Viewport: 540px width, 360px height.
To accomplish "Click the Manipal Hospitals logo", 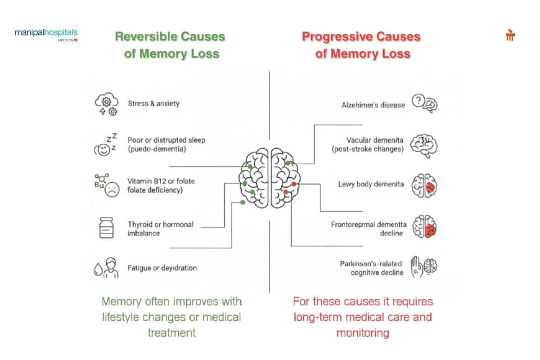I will tap(46, 35).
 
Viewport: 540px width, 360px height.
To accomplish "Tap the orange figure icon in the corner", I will tap(510, 35).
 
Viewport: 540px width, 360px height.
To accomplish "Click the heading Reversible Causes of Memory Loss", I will tap(171, 45).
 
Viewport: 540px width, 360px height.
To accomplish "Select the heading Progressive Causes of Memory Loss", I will tap(362, 45).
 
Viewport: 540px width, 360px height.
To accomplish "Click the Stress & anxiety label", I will tap(153, 103).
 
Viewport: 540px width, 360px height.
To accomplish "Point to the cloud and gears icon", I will tap(106, 105).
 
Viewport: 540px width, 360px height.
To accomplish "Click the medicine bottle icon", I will tap(107, 228).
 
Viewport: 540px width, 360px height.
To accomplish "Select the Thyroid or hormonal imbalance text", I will tap(160, 229).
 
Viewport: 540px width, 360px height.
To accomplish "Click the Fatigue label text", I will tap(162, 268).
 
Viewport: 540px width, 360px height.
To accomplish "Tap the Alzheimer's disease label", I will tap(373, 105).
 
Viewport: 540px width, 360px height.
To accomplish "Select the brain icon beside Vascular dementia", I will tap(425, 145).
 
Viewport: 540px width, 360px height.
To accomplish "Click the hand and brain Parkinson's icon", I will tap(424, 266).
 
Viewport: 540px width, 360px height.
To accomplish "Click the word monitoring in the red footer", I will tap(362, 333).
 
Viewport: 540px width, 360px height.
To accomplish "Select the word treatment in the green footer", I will tap(171, 333).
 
